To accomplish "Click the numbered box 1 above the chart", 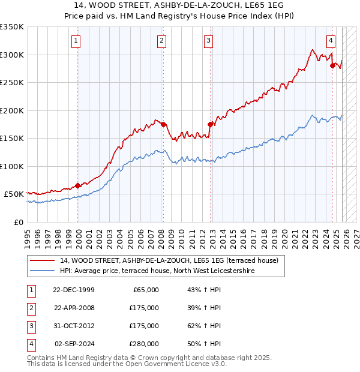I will click(77, 41).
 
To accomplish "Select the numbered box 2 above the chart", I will click(162, 41).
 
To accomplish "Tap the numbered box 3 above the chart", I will click(208, 41).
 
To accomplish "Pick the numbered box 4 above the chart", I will click(331, 41).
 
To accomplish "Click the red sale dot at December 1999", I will click(78, 185).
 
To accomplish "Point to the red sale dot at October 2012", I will click(210, 124).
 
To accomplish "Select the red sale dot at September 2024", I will click(332, 66).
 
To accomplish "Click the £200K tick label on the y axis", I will click(12, 110).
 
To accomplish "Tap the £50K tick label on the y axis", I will click(14, 194).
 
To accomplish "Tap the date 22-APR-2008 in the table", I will click(74, 308).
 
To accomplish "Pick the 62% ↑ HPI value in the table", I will click(200, 326).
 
